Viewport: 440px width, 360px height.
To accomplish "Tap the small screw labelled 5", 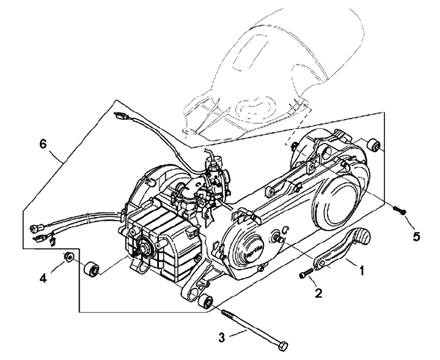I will click(x=400, y=211).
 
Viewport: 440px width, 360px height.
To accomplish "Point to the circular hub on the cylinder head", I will click(x=147, y=248).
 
